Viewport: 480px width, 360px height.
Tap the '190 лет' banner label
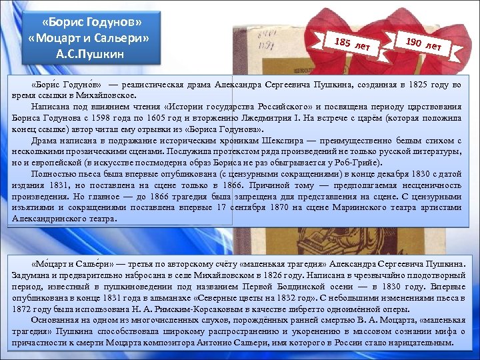click(x=423, y=43)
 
